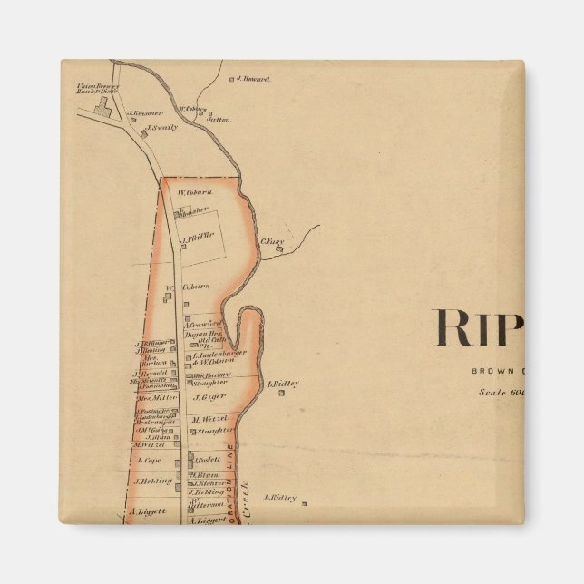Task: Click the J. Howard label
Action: tap(255, 80)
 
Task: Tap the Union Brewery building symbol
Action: tap(102, 108)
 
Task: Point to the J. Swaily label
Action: tap(163, 128)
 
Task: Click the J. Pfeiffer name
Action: tap(199, 240)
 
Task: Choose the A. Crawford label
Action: tap(205, 324)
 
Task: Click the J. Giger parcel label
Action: tap(207, 396)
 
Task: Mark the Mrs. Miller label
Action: tap(156, 397)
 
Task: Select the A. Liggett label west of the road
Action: tap(148, 511)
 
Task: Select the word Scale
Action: tap(494, 393)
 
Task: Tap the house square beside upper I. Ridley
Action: tap(260, 384)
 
